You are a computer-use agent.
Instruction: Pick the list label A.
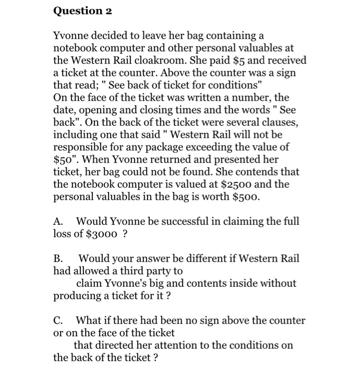58,221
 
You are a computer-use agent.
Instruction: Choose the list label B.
58,258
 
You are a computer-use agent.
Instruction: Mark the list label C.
58,320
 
